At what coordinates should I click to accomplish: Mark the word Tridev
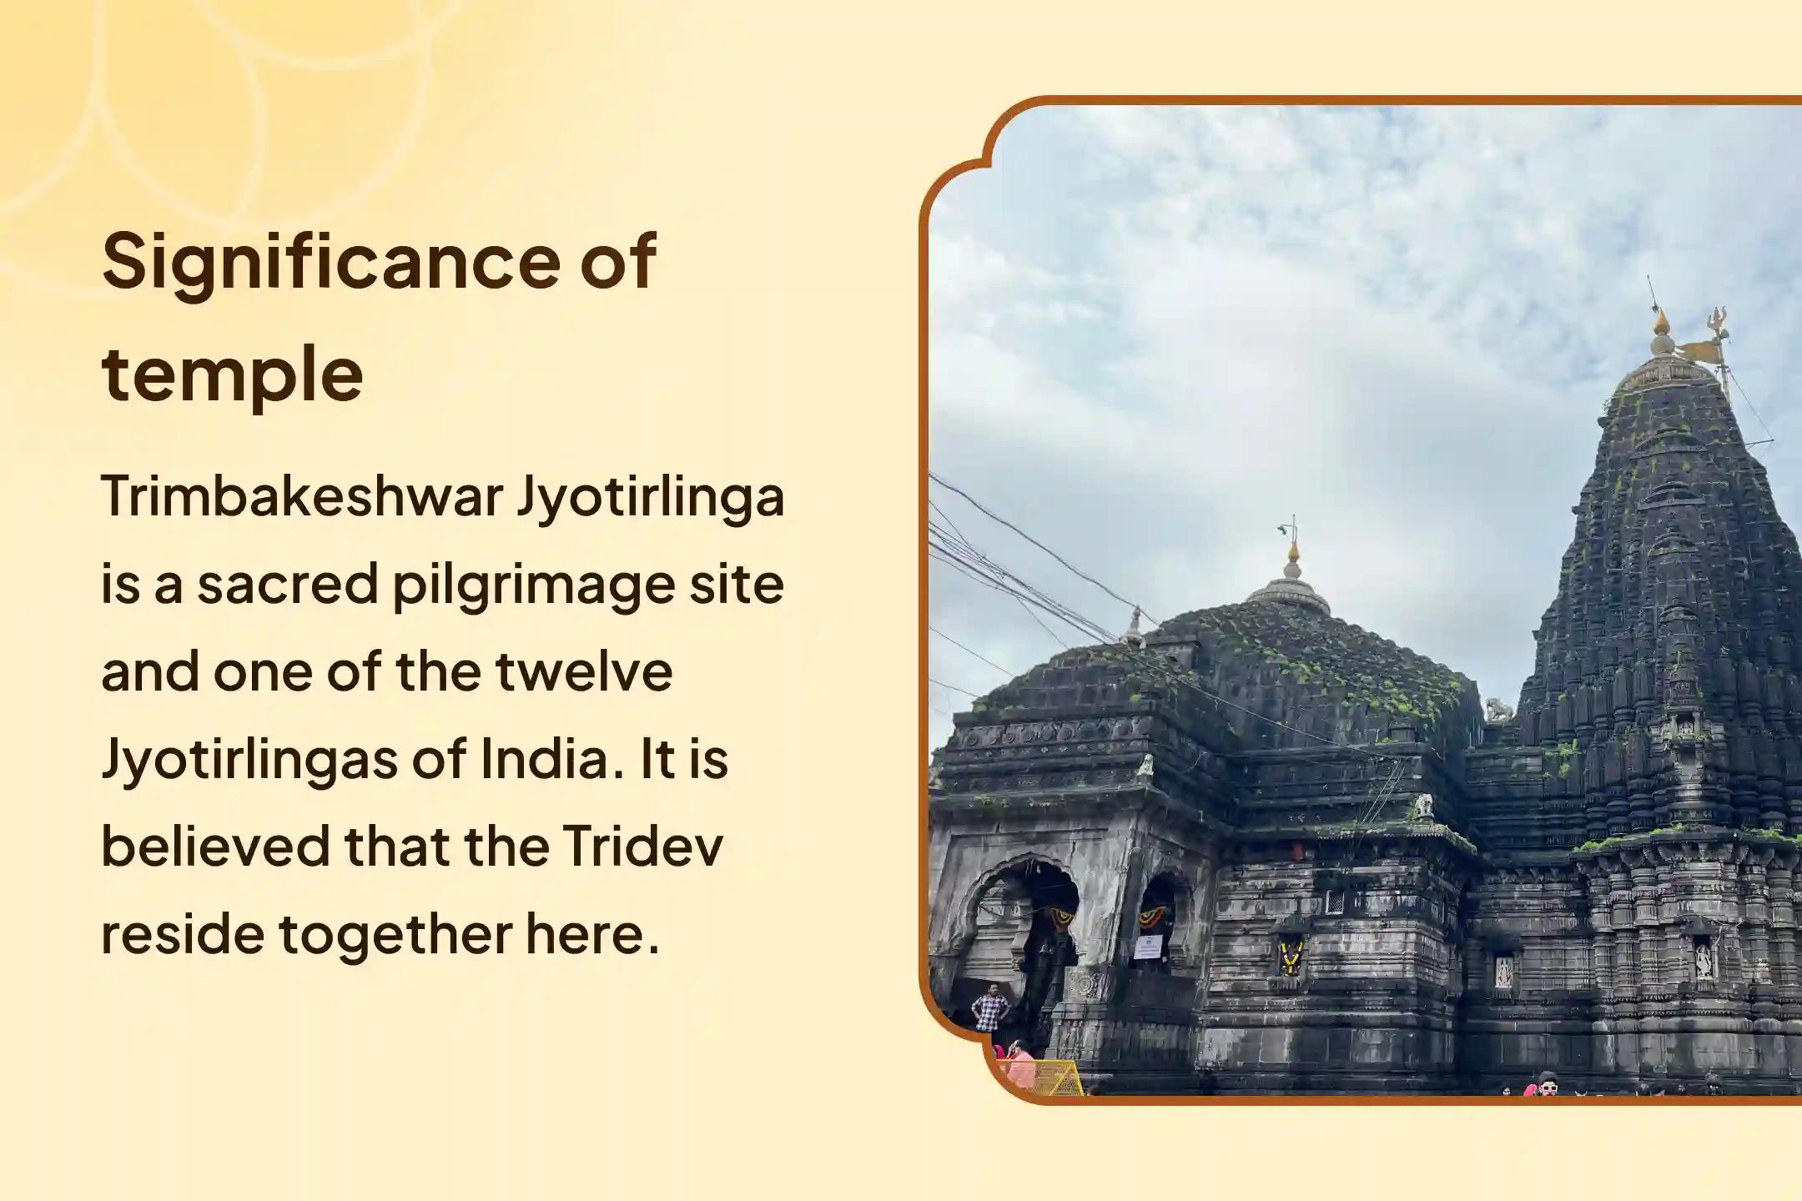(x=642, y=847)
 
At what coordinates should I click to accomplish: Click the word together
(x=395, y=934)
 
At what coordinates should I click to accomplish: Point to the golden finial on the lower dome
(x=1293, y=551)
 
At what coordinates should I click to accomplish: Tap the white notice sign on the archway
(x=1148, y=947)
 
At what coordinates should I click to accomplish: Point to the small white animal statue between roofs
(x=1498, y=710)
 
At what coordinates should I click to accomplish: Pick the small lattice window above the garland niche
(x=1335, y=902)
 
